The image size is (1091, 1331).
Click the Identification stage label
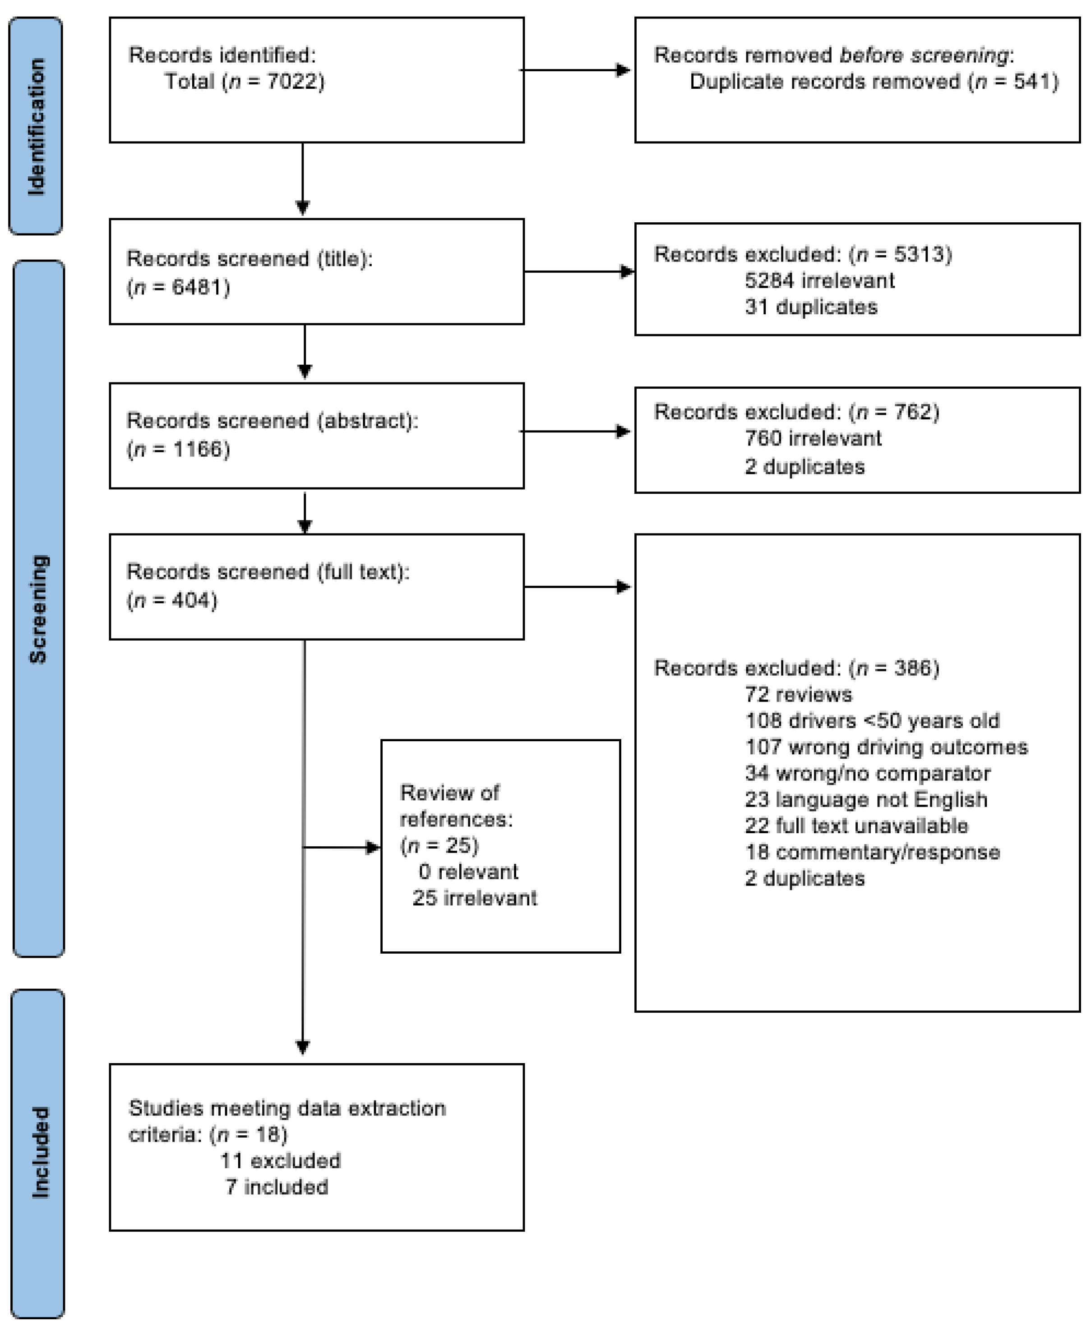[37, 126]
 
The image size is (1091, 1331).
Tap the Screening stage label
[38, 609]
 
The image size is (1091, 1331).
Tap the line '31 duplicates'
[811, 307]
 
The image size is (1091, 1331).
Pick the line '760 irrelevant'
[813, 438]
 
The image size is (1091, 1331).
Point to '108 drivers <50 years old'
[872, 721]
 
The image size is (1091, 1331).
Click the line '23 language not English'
[866, 799]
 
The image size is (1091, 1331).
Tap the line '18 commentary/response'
[872, 852]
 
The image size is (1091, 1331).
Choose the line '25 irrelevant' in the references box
[475, 898]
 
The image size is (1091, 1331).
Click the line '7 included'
[277, 1187]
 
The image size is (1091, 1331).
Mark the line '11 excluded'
[280, 1160]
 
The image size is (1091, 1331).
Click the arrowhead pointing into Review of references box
[373, 848]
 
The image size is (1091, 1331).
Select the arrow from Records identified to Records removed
[575, 70]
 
